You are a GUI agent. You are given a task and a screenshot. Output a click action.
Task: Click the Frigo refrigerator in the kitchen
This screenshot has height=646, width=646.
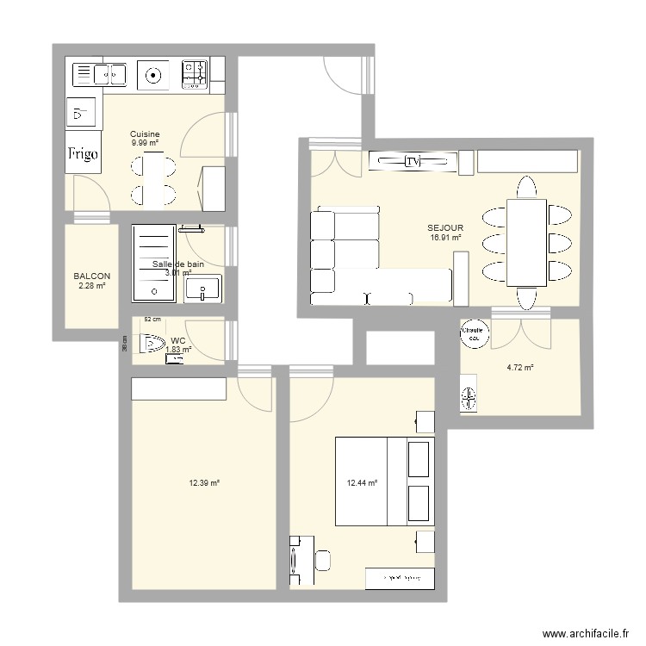(x=84, y=154)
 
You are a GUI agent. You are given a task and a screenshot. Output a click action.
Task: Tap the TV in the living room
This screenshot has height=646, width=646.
(x=413, y=161)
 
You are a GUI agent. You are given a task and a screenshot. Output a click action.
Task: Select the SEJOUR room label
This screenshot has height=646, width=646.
(x=444, y=228)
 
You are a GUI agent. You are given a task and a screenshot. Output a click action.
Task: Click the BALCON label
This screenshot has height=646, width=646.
(x=91, y=276)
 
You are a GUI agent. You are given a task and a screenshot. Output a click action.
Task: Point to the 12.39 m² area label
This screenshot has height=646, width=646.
(x=204, y=483)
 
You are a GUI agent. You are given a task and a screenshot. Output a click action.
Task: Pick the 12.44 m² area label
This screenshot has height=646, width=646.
(x=362, y=483)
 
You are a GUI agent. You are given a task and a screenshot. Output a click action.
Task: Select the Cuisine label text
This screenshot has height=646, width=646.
(x=144, y=134)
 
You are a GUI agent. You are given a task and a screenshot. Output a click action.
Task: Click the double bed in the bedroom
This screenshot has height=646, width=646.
(x=382, y=481)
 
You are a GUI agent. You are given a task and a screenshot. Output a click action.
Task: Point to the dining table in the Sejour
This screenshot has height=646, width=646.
(x=526, y=242)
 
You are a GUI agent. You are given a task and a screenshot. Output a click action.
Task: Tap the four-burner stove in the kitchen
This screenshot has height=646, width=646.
(x=195, y=75)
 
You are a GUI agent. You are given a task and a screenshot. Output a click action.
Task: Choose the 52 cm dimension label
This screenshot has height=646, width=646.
(x=152, y=319)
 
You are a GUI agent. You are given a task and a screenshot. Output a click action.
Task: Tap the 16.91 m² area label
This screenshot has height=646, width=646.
(x=445, y=238)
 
